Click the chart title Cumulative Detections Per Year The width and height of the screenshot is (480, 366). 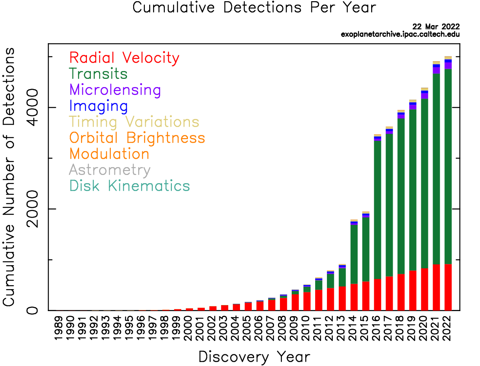[254, 8]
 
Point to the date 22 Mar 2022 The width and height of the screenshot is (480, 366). [436, 27]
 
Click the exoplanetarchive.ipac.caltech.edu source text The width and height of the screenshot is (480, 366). [400, 34]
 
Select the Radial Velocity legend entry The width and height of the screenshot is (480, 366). [124, 58]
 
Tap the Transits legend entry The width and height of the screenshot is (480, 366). [98, 74]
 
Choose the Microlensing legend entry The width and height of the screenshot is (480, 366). [115, 90]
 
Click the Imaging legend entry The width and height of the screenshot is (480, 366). [98, 106]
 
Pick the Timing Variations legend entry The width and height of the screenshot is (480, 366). [134, 122]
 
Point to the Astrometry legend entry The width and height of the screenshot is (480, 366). [110, 170]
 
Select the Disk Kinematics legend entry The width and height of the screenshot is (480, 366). [130, 186]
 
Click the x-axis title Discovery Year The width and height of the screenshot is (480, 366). [254, 357]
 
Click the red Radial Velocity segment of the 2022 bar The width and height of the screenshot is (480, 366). [448, 287]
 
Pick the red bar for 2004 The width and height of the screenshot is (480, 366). [236, 307]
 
